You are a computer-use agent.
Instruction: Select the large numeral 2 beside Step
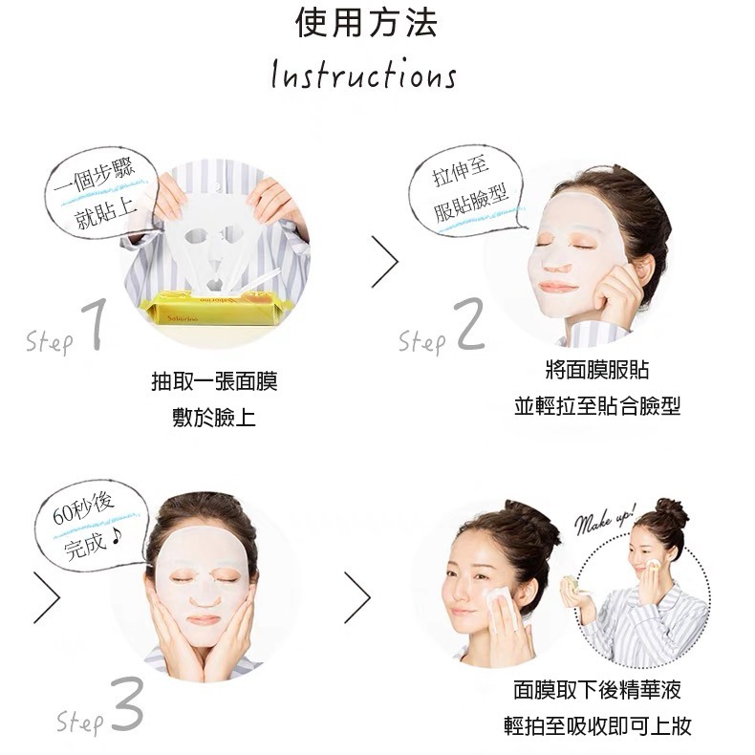[x=470, y=327]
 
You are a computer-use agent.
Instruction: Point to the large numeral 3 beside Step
[x=126, y=709]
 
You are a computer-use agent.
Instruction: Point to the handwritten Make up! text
[x=604, y=519]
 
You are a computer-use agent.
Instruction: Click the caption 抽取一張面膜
[x=214, y=383]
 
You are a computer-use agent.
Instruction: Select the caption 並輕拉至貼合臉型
[x=596, y=405]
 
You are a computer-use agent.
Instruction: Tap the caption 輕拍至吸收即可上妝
[x=596, y=725]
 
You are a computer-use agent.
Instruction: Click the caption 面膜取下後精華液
[x=596, y=690]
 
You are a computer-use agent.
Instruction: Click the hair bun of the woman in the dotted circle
[x=672, y=512]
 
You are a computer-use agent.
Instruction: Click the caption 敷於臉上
[x=214, y=418]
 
